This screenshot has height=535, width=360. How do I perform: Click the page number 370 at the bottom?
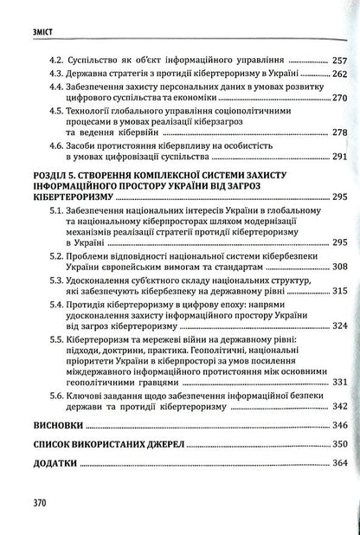(22, 502)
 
